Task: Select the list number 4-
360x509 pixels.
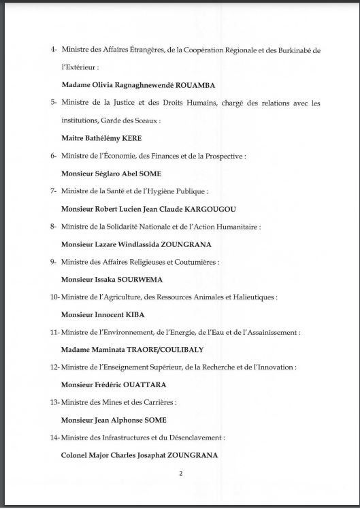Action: [54, 50]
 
